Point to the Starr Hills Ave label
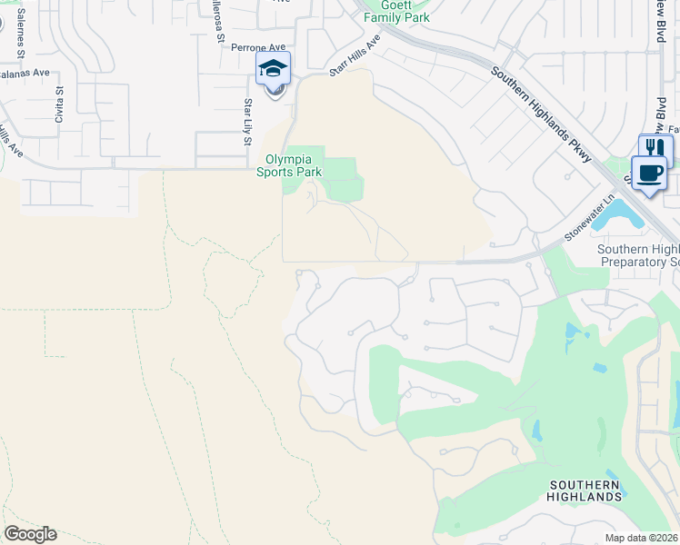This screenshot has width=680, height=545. coord(353,56)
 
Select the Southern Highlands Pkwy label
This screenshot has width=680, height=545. coord(543,114)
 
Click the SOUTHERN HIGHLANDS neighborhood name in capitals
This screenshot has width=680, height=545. coord(585,490)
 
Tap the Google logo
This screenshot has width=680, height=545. coord(30,534)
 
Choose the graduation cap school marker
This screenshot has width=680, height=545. coord(274,69)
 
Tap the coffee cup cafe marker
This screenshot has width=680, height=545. coord(649,173)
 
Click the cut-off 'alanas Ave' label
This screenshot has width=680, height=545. coord(24,73)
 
